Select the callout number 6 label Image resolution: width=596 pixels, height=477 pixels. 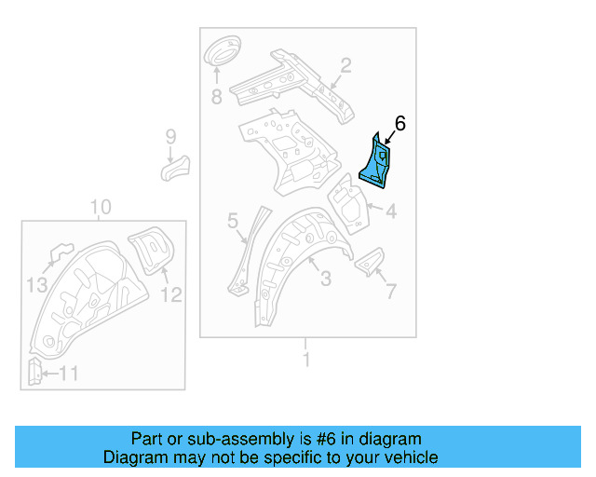400,123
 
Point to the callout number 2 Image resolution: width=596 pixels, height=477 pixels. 345,65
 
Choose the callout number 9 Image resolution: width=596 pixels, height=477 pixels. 170,138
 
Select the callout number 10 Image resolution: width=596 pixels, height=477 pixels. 102,207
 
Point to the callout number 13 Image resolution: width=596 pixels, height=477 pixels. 35,285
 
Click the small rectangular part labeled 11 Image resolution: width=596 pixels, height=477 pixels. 34,372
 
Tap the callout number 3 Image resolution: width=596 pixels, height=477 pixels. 325,278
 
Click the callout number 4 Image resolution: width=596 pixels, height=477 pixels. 391,212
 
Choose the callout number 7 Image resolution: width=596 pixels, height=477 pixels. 389,292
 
